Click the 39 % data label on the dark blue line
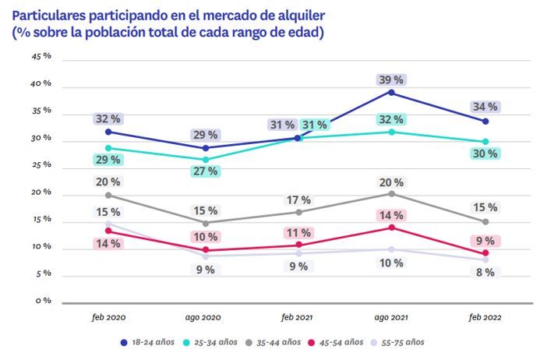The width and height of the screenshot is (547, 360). click(391, 79)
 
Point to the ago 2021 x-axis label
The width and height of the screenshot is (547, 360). click(390, 317)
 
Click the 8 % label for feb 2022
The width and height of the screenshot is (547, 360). click(485, 273)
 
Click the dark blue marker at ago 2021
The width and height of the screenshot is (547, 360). click(391, 93)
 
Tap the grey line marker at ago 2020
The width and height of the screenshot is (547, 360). click(206, 223)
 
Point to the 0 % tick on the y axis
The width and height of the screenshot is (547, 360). click(43, 301)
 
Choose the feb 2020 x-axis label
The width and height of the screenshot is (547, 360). click(108, 317)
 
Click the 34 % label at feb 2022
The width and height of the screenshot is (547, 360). click(485, 107)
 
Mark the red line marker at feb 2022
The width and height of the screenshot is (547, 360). click(485, 253)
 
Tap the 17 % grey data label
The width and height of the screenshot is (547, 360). click(298, 199)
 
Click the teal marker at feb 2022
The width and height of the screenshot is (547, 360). click(485, 142)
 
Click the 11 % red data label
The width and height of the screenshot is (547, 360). click(298, 232)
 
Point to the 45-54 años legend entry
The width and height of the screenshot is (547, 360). click(337, 342)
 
